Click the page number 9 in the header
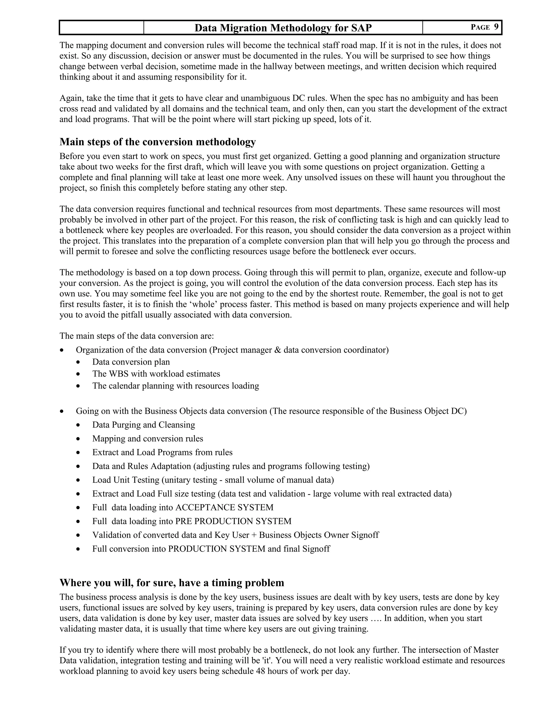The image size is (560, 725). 496,27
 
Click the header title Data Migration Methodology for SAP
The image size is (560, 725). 283,28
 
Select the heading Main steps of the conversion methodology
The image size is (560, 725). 157,142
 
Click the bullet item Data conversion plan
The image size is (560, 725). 131,362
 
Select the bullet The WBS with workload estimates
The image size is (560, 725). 156,374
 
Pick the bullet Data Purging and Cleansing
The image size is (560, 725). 143,425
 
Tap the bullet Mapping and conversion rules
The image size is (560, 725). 148,439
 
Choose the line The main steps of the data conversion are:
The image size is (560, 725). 137,336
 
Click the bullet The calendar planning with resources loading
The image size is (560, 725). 176,386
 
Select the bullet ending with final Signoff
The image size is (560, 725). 211,549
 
